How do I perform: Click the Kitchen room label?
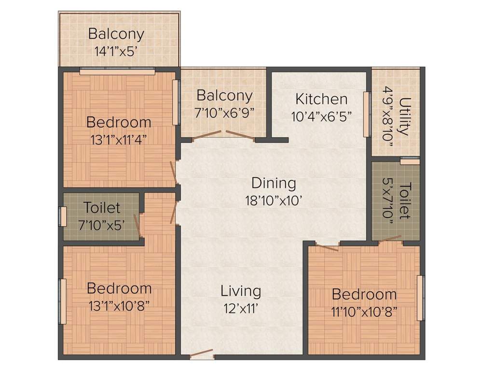click(x=321, y=100)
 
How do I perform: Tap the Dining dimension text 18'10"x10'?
click(x=274, y=200)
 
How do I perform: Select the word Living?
click(x=241, y=291)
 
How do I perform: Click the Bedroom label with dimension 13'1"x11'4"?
click(x=119, y=122)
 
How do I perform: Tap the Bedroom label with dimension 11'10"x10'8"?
click(x=364, y=294)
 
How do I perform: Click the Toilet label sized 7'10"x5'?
click(x=102, y=208)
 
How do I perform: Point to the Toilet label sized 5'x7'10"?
click(x=406, y=201)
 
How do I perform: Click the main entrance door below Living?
click(x=201, y=355)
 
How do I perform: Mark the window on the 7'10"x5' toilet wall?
click(x=63, y=216)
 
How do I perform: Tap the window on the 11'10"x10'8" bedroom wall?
click(x=420, y=298)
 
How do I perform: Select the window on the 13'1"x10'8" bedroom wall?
click(x=62, y=301)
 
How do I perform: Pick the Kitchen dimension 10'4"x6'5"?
click(x=321, y=116)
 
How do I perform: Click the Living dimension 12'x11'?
click(x=241, y=308)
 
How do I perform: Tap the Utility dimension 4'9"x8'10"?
click(x=388, y=116)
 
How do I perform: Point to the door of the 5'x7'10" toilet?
click(x=390, y=239)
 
